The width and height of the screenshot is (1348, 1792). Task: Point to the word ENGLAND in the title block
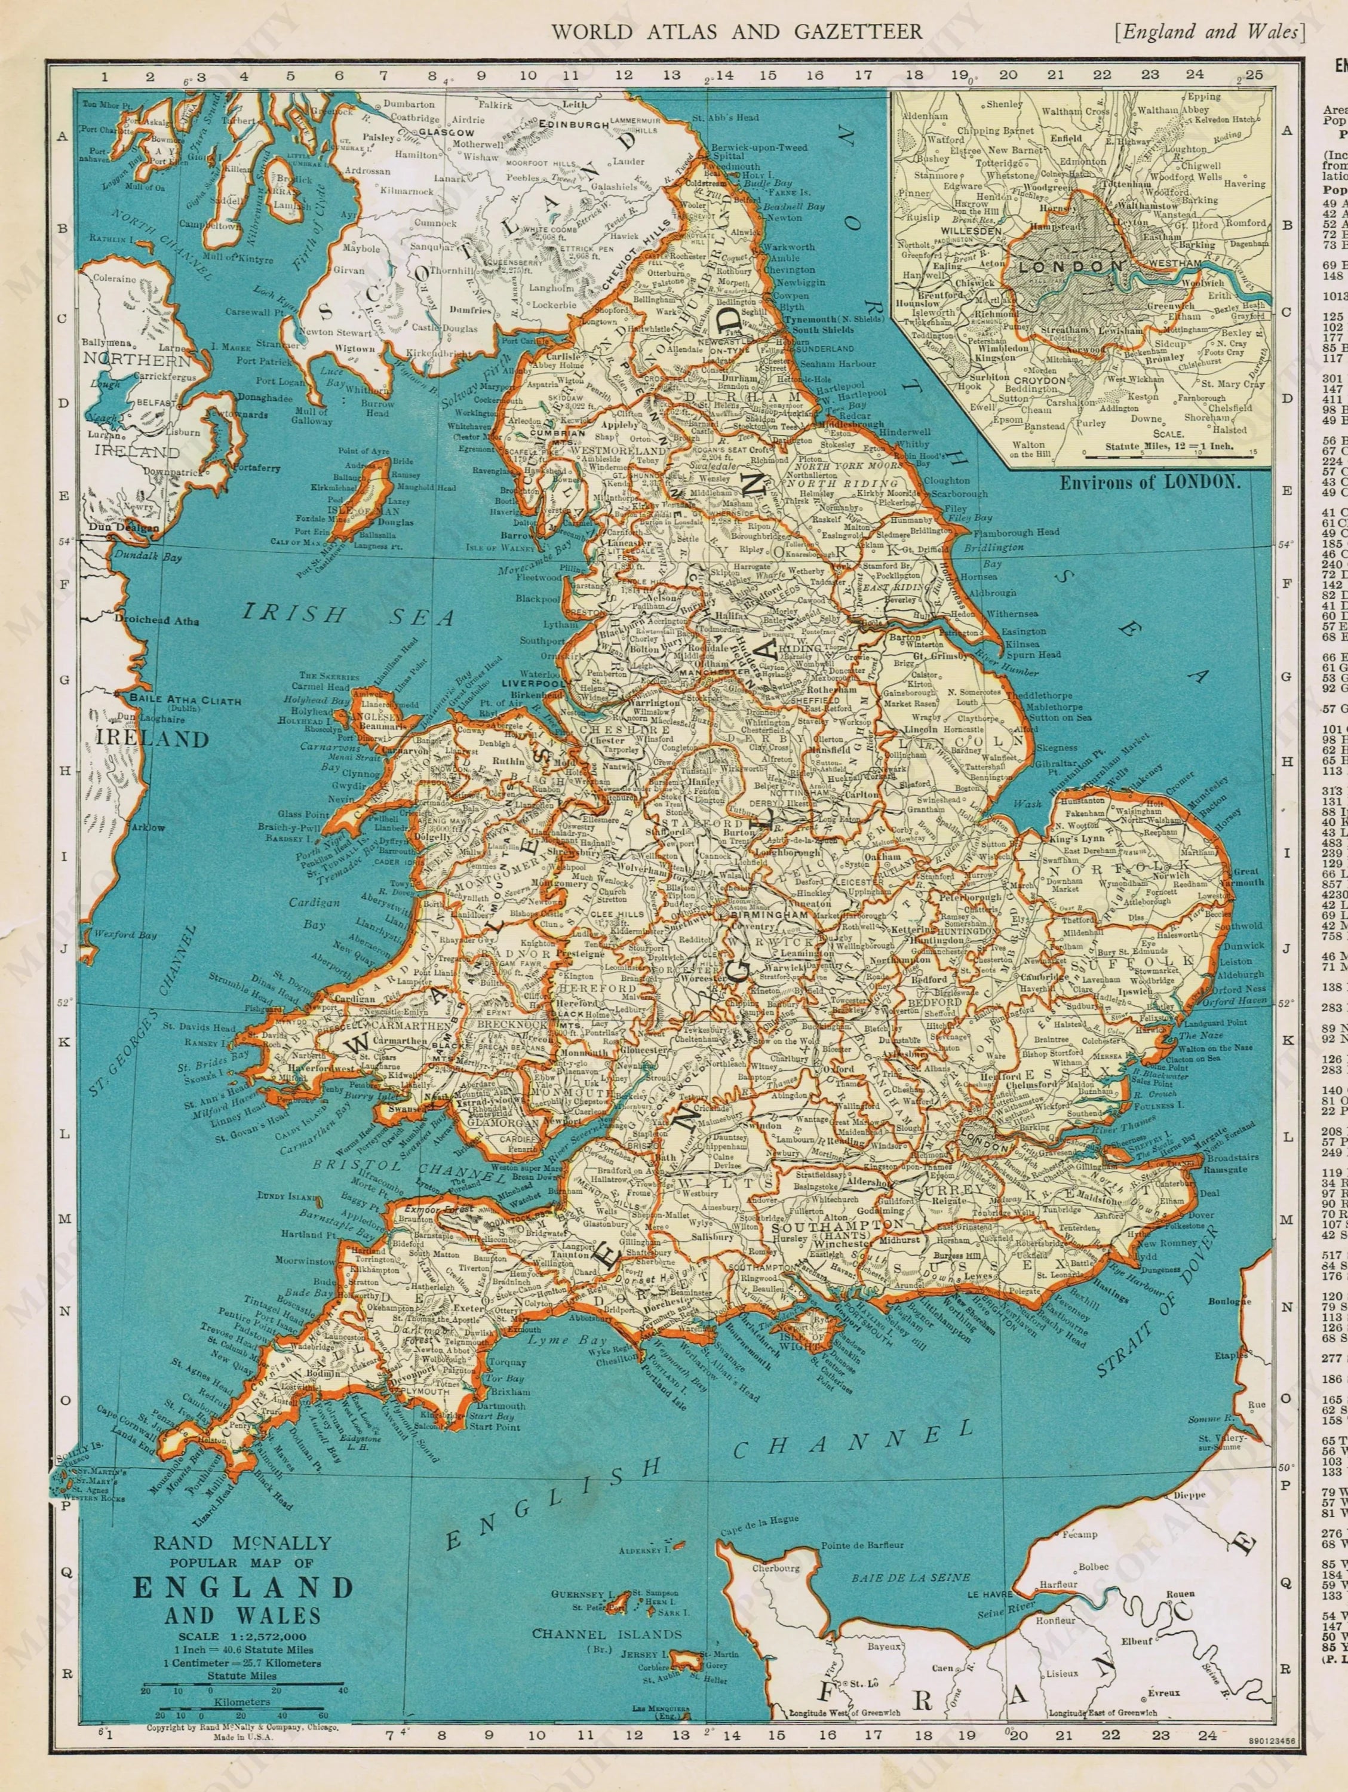pos(243,1587)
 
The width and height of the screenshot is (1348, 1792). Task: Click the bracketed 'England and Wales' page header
pos(1210,32)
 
